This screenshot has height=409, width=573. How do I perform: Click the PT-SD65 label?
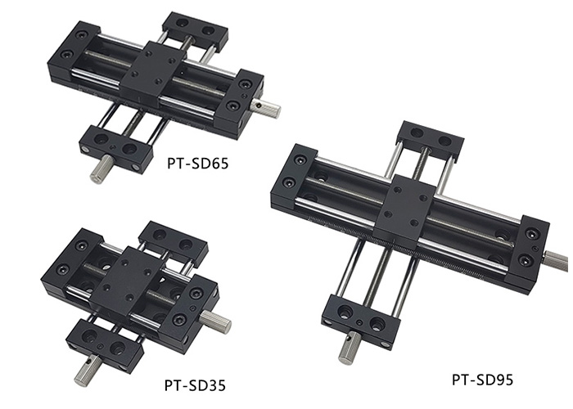click(x=198, y=164)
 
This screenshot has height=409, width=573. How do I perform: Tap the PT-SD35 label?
click(x=195, y=385)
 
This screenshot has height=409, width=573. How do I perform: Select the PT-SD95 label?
click(x=482, y=380)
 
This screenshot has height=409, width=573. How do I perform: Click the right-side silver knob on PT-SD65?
click(x=266, y=109)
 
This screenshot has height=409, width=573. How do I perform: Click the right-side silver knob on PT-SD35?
click(x=215, y=321)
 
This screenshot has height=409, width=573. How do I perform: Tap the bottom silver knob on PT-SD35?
click(x=88, y=371)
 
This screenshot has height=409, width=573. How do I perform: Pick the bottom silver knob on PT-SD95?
click(x=350, y=348)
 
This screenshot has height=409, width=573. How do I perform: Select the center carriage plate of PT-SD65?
click(x=154, y=72)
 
